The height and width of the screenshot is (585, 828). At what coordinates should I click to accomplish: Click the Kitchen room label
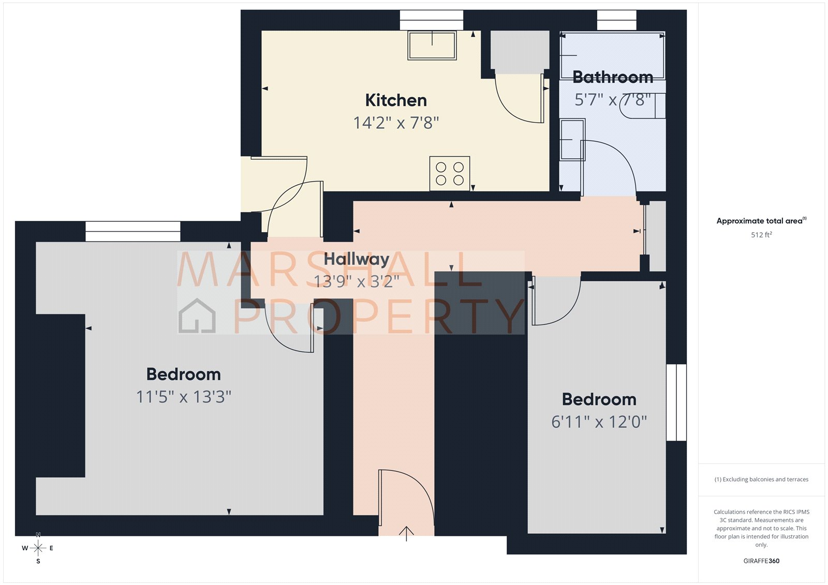click(396, 100)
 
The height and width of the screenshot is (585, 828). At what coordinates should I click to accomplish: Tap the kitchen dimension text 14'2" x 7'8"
click(396, 123)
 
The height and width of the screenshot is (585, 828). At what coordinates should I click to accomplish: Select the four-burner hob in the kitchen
click(450, 173)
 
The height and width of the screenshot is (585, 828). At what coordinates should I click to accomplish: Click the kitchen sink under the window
click(432, 46)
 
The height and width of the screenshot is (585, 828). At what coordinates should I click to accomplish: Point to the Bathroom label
click(613, 78)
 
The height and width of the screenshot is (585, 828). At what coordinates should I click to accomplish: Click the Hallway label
click(357, 259)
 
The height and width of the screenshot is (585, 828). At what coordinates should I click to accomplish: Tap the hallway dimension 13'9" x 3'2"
click(357, 281)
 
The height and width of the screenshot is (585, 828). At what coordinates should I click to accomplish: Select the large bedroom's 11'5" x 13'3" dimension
click(183, 397)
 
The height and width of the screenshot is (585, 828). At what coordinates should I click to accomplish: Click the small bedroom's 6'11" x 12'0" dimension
click(599, 422)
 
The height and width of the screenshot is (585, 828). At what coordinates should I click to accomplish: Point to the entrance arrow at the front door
click(407, 533)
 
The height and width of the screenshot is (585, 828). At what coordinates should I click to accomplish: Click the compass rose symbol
click(38, 548)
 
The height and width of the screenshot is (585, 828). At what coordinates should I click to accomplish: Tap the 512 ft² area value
click(761, 235)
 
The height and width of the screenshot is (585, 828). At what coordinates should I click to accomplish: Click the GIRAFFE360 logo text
click(761, 561)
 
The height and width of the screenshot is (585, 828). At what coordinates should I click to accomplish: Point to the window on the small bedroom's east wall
click(676, 402)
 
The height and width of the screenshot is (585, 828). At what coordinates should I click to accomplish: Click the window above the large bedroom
click(133, 231)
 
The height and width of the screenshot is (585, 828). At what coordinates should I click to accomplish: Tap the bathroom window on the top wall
click(616, 20)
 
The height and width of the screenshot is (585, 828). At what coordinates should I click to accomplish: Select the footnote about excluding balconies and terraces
click(761, 479)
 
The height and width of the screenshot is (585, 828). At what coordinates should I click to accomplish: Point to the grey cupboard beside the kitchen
click(520, 52)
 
